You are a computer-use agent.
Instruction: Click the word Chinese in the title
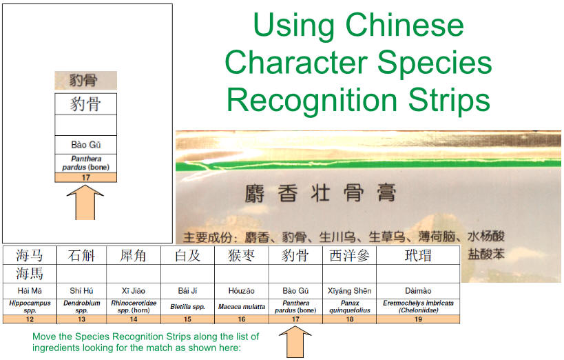click(405, 26)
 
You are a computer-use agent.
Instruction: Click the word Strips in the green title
click(449, 100)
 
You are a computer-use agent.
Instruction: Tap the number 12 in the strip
click(30, 319)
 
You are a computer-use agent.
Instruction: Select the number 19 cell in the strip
click(418, 319)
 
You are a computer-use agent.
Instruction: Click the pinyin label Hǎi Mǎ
click(30, 291)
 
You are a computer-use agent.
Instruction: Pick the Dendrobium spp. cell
click(82, 307)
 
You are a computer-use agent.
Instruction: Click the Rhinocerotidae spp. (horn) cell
click(134, 307)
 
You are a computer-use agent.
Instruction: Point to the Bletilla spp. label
click(188, 307)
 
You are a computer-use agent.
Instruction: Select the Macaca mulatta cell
click(241, 307)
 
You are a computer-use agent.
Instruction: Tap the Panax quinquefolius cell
click(350, 307)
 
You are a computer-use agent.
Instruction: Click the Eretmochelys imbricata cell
click(418, 307)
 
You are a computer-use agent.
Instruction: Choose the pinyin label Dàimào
click(418, 291)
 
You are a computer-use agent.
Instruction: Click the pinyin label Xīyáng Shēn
click(350, 291)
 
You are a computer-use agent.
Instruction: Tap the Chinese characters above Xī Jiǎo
click(133, 256)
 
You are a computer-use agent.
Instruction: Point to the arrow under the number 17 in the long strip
click(295, 342)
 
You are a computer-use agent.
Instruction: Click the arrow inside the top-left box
click(85, 203)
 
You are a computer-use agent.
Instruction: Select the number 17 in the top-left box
click(85, 178)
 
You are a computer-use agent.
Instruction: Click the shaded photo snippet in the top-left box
click(85, 81)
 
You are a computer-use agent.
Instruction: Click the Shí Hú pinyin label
click(82, 291)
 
